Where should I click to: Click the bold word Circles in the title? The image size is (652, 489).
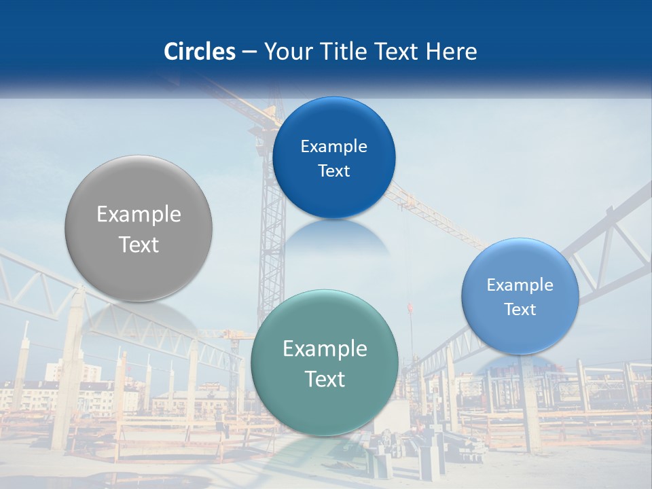[x=199, y=52]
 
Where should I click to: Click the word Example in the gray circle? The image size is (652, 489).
[x=139, y=215]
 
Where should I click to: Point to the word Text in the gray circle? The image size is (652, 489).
[x=139, y=244]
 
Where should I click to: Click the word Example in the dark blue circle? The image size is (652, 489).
[x=333, y=147]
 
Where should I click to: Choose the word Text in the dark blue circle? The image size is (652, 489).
[x=333, y=171]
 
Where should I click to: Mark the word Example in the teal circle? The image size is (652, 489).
[x=325, y=349]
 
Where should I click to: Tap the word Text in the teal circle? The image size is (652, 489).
[x=325, y=379]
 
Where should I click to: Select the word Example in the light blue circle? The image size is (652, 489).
[x=520, y=285]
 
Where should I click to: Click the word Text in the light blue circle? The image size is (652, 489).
[x=520, y=310]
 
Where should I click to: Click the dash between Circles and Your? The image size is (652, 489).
[x=249, y=52]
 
